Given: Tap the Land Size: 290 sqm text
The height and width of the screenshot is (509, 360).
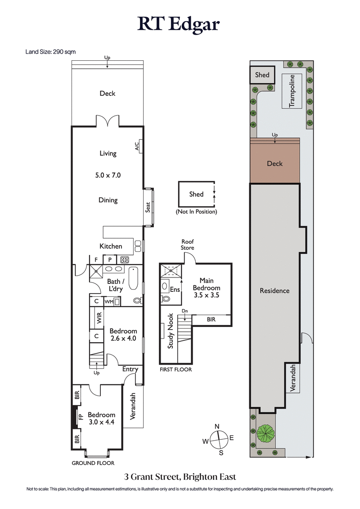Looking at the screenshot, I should (x=50, y=52).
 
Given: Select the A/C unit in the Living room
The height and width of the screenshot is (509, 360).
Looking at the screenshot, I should (x=139, y=146).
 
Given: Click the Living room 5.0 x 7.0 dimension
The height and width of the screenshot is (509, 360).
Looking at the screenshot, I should (x=108, y=175).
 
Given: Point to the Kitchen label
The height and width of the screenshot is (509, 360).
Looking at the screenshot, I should (x=111, y=246).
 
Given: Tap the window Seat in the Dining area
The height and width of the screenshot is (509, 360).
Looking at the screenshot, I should (x=148, y=206).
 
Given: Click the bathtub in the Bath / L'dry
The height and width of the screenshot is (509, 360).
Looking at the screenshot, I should (x=134, y=279).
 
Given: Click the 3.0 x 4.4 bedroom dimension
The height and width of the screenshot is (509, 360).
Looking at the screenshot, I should (x=101, y=422).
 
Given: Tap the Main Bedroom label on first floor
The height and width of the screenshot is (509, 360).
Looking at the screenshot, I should (x=206, y=284).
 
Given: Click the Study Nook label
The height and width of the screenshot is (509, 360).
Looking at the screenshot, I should (x=171, y=331).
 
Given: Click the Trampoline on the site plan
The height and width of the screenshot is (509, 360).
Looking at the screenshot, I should (x=292, y=91).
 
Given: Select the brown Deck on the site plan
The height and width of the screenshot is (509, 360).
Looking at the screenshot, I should (x=274, y=164).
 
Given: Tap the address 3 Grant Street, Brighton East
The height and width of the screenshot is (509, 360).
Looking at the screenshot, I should (x=180, y=477).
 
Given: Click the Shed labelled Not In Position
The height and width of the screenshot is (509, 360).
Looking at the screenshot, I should (x=196, y=194).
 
